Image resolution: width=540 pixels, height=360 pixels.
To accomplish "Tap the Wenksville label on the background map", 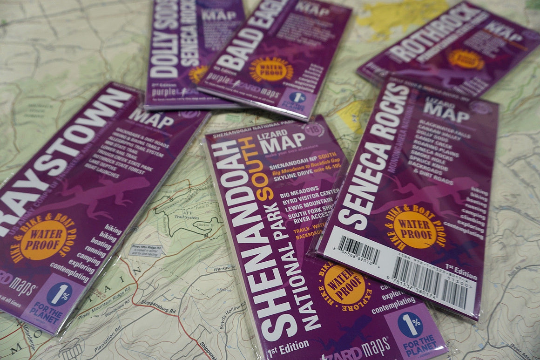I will (224, 269).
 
